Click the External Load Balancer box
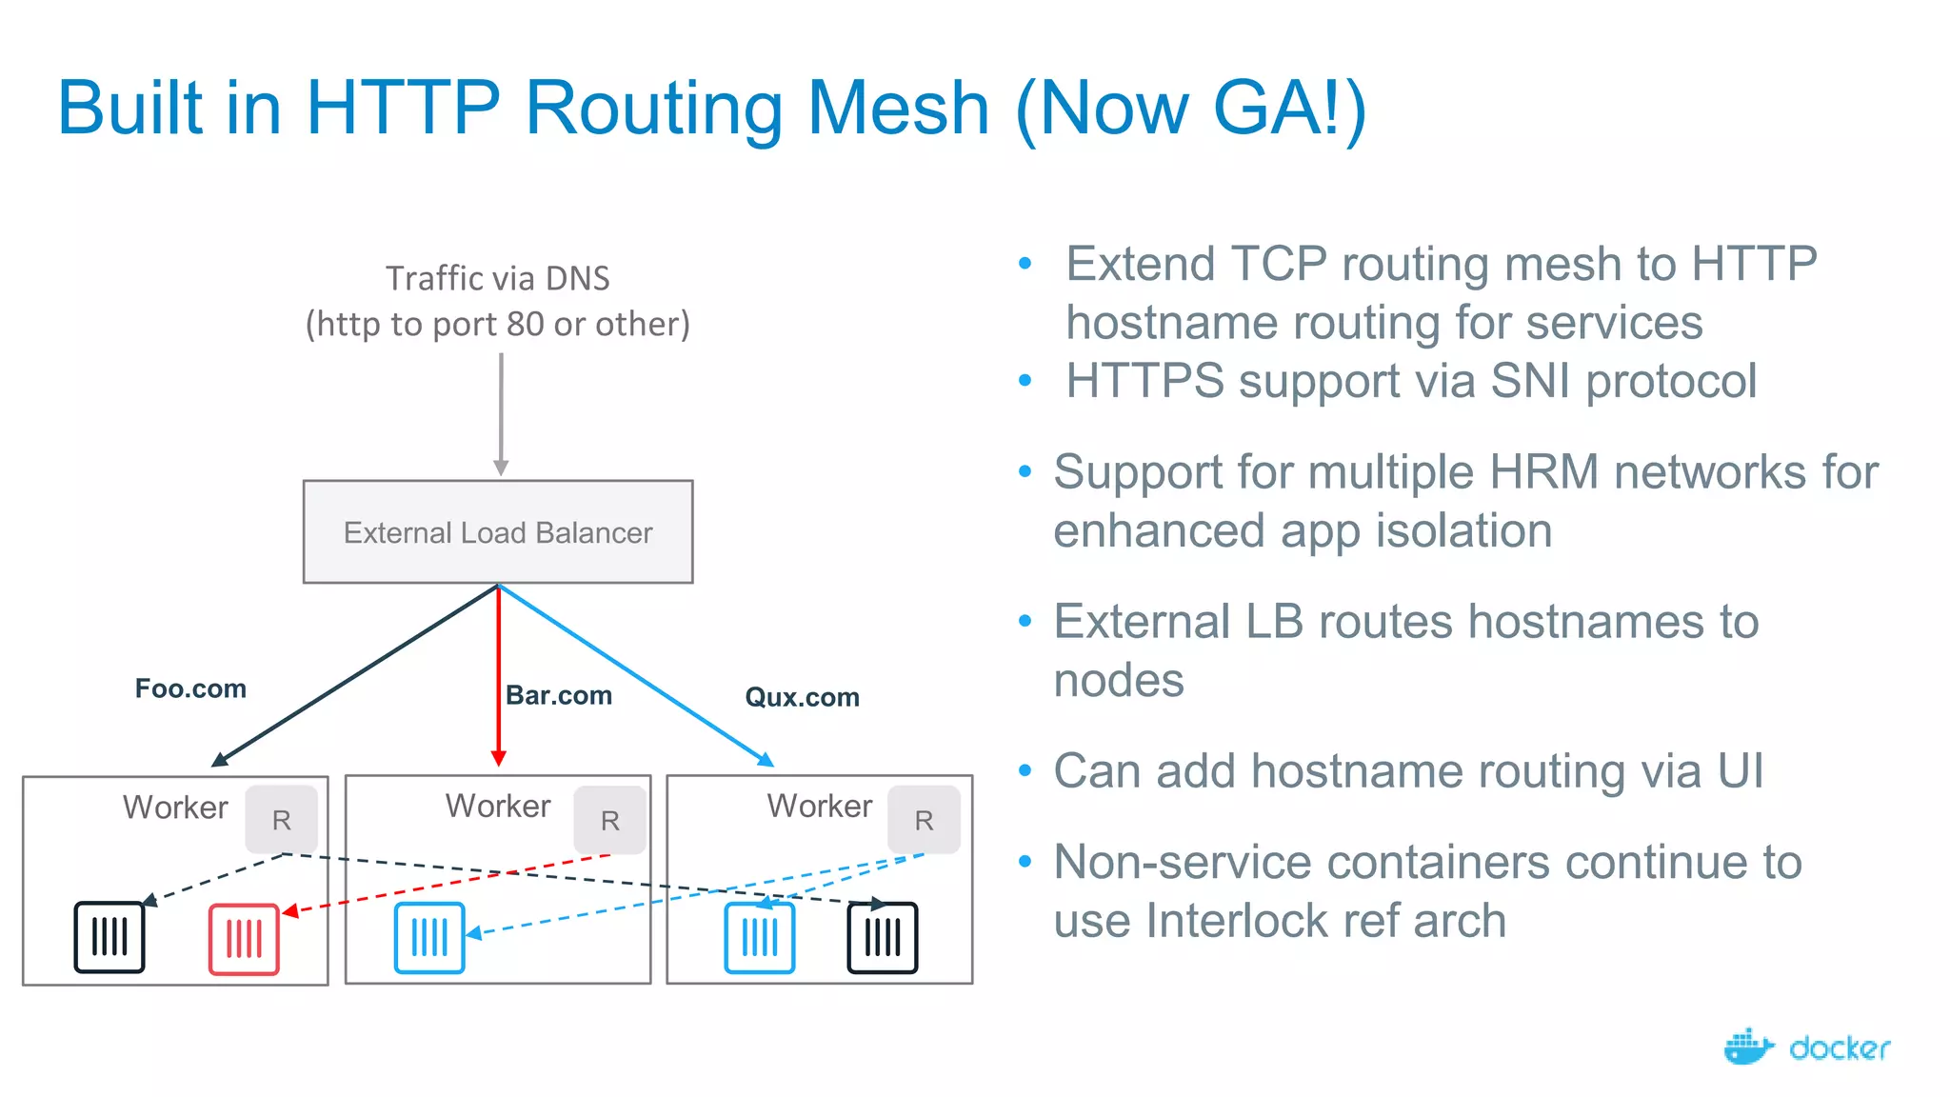click(x=498, y=531)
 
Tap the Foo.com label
click(x=190, y=688)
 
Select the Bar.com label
click(x=559, y=695)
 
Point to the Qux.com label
click(x=802, y=697)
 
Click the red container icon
click(x=244, y=939)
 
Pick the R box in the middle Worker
click(x=609, y=820)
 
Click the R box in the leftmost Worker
click(x=281, y=820)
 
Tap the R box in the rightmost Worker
click(x=924, y=820)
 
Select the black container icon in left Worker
click(x=109, y=937)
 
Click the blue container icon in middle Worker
click(x=429, y=938)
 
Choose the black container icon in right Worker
click(x=883, y=938)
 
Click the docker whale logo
click(x=1748, y=1047)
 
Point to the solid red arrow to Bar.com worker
click(x=498, y=676)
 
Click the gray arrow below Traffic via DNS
click(x=501, y=414)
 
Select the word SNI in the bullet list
click(x=1530, y=381)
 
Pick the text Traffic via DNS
click(x=497, y=278)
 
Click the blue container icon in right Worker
click(x=759, y=938)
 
